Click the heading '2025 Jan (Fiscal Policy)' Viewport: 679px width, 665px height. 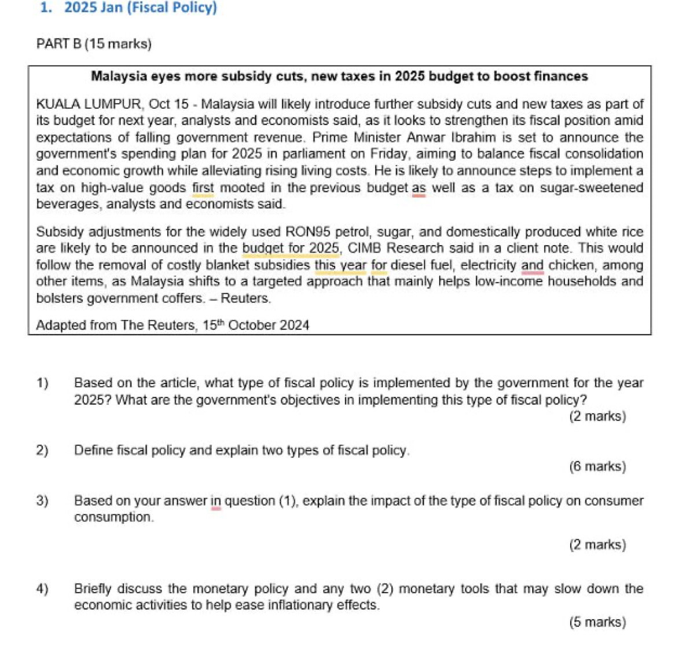140,8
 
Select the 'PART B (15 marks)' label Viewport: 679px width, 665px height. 94,44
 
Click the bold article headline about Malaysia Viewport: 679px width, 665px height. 339,76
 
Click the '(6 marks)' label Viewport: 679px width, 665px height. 597,466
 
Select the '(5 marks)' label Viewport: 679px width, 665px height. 597,622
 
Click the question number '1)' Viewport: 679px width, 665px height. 42,383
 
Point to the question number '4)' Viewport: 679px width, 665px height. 42,589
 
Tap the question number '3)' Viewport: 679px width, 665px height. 42,501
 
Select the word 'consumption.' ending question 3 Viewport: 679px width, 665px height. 114,517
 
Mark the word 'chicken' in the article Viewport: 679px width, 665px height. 571,265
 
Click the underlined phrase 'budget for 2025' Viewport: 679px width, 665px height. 291,249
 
